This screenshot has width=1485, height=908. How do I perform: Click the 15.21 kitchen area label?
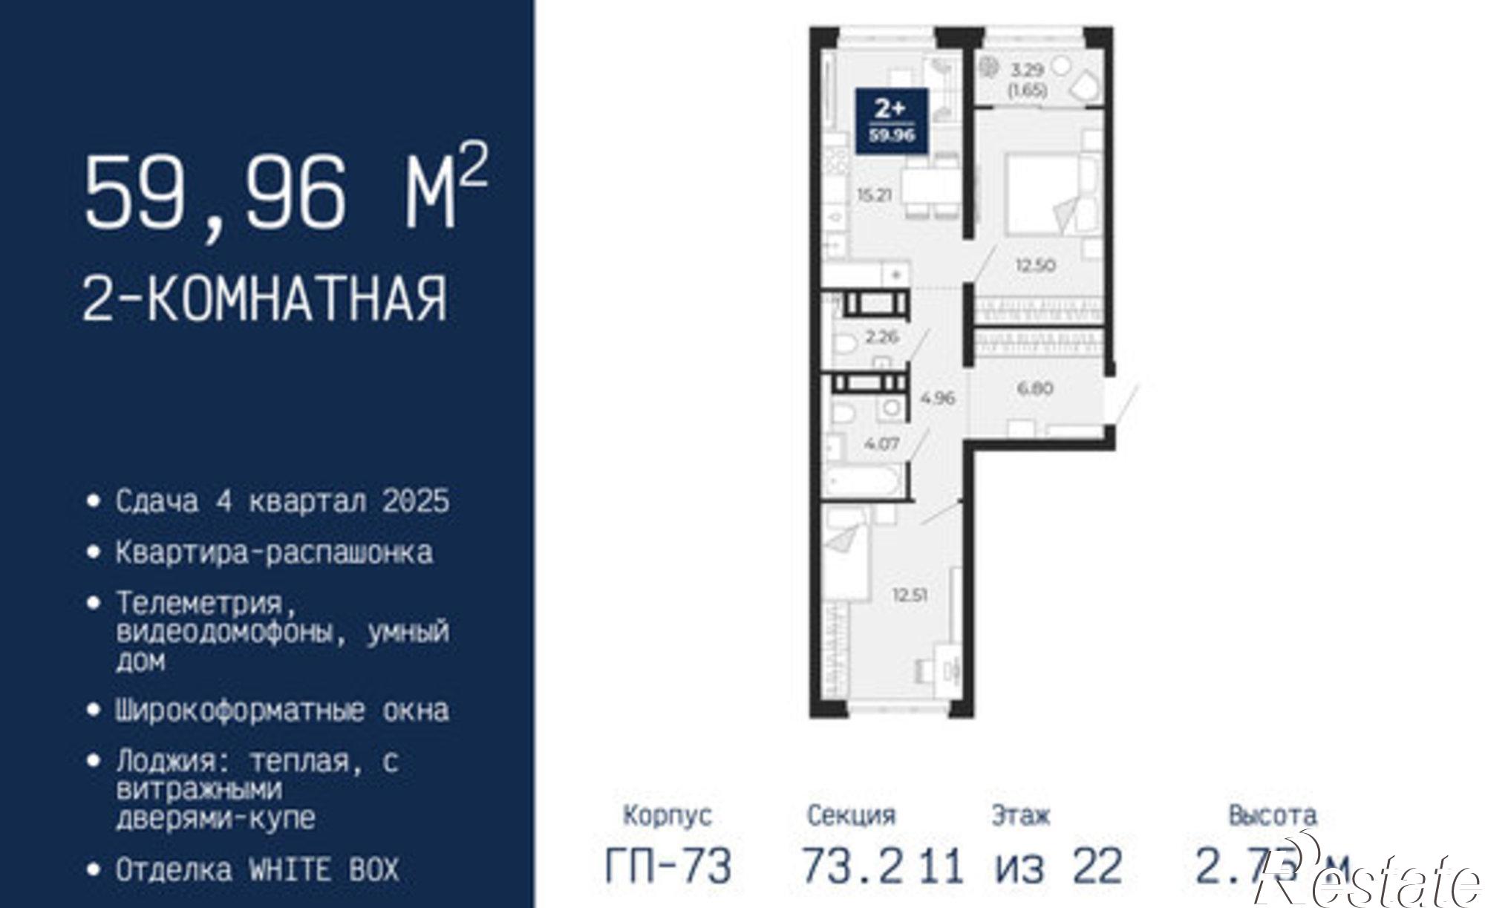click(x=874, y=196)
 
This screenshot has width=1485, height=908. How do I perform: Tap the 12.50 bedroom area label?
click(x=1035, y=265)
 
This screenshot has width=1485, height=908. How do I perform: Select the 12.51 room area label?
click(x=910, y=595)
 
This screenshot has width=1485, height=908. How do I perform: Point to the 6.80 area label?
click(x=1035, y=388)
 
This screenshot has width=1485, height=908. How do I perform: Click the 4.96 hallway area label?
click(x=938, y=398)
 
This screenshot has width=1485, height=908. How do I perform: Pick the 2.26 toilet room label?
click(x=882, y=336)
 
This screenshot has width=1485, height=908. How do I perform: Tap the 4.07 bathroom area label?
click(x=882, y=444)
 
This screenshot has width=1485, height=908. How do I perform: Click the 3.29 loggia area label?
click(x=1028, y=71)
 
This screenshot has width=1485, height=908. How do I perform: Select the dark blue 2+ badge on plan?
click(x=891, y=121)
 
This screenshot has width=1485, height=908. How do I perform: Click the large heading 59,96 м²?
click(x=286, y=192)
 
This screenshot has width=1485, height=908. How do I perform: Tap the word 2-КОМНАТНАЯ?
click(x=265, y=298)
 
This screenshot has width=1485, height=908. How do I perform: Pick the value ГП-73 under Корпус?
click(x=668, y=866)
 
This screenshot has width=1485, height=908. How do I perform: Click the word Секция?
click(x=851, y=816)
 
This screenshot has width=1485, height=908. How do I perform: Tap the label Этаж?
click(x=1021, y=816)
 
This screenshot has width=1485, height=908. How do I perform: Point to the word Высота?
click(x=1272, y=815)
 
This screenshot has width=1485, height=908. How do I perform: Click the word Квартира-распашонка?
click(x=274, y=553)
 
